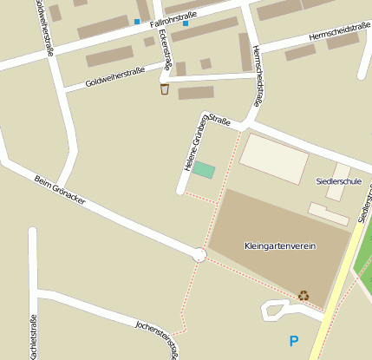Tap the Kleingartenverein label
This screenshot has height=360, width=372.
[x=280, y=246]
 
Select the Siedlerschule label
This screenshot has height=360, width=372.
[x=339, y=181]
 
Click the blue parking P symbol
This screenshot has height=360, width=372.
[x=294, y=342]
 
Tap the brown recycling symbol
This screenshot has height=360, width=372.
[x=303, y=295]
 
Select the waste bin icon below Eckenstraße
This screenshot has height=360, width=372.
[x=164, y=89]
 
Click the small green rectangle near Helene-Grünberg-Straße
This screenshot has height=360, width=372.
[x=203, y=170]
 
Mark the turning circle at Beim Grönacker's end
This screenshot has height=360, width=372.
[x=199, y=254]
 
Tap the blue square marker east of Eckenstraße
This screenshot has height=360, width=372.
[x=186, y=23]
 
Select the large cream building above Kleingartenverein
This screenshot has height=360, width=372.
[x=273, y=158]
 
